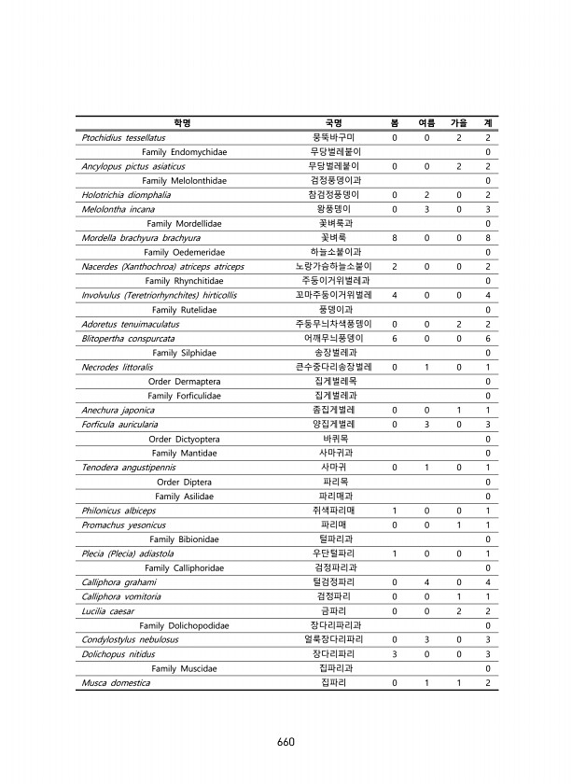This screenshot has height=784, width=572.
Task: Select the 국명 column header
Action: click(x=333, y=123)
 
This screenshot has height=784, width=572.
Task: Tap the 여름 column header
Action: click(x=426, y=123)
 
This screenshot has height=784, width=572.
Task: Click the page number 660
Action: click(x=286, y=742)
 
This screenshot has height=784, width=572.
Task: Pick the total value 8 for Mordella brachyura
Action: click(x=488, y=238)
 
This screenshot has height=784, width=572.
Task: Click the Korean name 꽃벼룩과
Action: click(x=334, y=224)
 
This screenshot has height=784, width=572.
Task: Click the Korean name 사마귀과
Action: click(x=334, y=453)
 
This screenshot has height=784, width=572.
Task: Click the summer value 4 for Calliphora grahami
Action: click(x=426, y=582)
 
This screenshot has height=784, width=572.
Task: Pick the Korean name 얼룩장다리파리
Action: click(x=334, y=640)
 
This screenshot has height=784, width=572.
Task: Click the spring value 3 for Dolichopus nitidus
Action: click(x=395, y=654)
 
